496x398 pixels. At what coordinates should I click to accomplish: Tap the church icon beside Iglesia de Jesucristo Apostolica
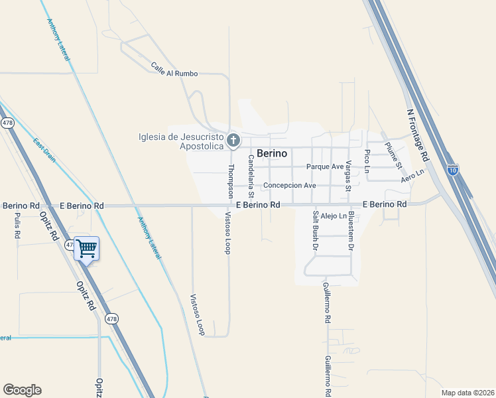click(233, 140)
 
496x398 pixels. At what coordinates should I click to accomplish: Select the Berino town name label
click(272, 153)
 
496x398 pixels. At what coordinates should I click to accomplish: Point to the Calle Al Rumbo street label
click(174, 70)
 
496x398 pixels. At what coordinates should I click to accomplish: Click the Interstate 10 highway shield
click(453, 170)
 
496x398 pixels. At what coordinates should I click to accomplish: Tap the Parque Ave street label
click(325, 166)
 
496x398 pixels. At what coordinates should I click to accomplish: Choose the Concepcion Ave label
click(290, 186)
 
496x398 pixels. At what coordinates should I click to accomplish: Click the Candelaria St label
click(251, 176)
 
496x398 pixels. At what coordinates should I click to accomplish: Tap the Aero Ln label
click(411, 176)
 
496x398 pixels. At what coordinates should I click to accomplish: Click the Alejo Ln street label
click(333, 216)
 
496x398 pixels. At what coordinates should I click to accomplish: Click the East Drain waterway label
click(44, 150)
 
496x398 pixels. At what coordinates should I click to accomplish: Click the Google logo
click(22, 390)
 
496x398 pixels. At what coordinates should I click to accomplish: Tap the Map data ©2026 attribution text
click(467, 393)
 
